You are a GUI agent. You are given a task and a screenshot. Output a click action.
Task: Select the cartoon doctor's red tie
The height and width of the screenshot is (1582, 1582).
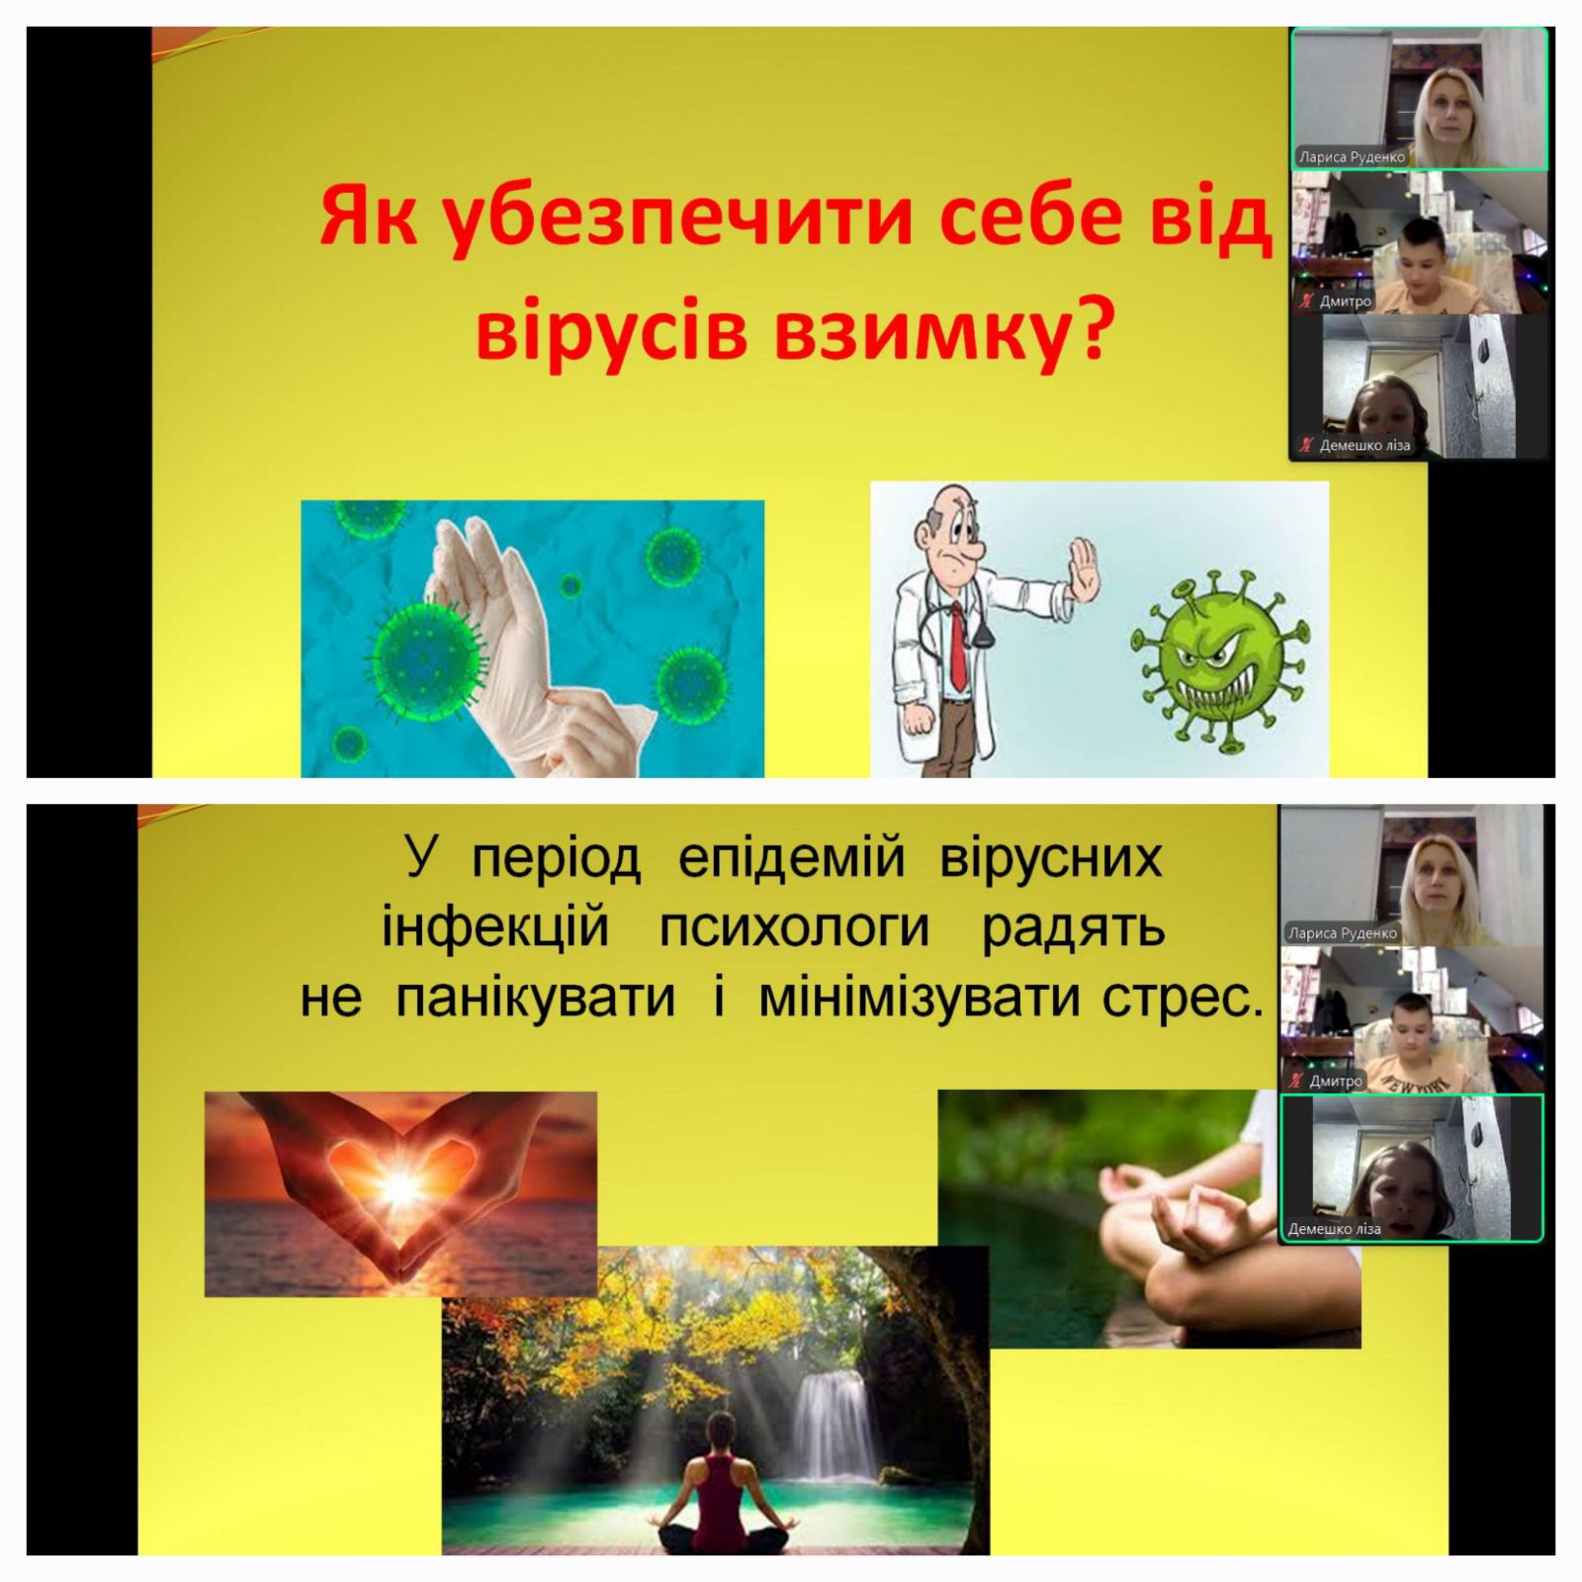[x=956, y=647]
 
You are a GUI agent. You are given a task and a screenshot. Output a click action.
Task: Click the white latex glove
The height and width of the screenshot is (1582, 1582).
[x=514, y=633]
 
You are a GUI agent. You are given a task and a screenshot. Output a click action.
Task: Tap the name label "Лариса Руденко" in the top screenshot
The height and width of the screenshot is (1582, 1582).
[x=1353, y=157]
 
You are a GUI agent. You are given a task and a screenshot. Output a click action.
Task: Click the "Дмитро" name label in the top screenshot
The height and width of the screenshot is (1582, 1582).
[x=1346, y=301]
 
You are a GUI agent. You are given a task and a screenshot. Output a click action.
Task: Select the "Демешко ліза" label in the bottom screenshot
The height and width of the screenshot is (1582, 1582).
[x=1334, y=1229]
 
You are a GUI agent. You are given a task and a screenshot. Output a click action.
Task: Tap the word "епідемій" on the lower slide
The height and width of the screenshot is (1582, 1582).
[x=791, y=858]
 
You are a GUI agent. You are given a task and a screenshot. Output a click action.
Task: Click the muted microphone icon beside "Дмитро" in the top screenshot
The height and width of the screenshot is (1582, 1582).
[x=1305, y=301]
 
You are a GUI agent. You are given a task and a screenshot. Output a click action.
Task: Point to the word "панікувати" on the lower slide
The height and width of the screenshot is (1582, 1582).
[x=535, y=999]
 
